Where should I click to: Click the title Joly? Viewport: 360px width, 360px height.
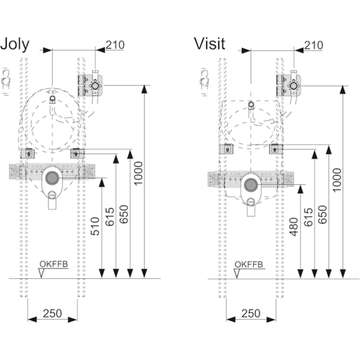(x=16, y=44)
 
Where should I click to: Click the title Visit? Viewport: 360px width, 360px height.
(x=209, y=44)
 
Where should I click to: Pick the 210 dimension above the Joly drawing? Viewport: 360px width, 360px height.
(x=116, y=45)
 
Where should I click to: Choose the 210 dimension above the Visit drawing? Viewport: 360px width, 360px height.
(x=314, y=45)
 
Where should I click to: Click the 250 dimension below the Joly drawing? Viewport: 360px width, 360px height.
(x=53, y=313)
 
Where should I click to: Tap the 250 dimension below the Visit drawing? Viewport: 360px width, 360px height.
(x=251, y=313)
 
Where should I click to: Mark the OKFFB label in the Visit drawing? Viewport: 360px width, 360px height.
(x=248, y=264)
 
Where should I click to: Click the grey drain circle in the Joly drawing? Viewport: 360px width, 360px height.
(x=52, y=178)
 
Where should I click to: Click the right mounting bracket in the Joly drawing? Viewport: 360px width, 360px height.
(x=77, y=154)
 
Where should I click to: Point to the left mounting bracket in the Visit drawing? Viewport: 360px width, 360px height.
(x=226, y=149)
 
